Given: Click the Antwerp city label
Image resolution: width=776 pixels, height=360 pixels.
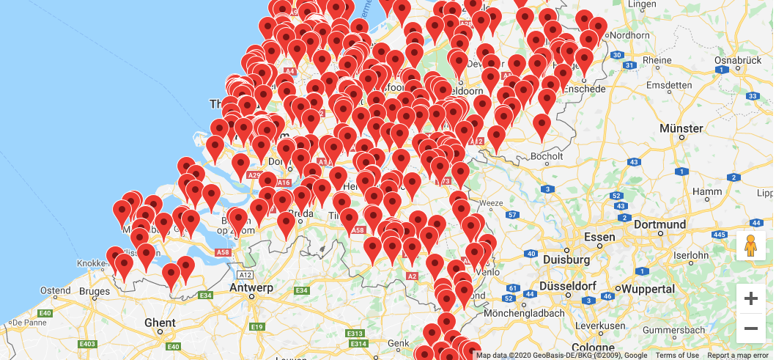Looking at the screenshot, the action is [251, 287].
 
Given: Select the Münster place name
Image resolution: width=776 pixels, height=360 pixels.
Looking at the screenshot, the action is [681, 128].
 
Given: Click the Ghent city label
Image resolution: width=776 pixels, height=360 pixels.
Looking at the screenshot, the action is [160, 323].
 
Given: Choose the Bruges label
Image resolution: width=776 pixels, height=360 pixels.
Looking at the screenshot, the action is [94, 291].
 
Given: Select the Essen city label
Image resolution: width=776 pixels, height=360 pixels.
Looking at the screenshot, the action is [599, 237].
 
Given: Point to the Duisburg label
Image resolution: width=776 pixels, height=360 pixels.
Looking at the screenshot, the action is [567, 260].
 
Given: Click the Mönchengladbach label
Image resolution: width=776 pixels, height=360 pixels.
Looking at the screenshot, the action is [525, 313].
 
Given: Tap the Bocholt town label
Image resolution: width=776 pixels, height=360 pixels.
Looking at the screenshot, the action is [547, 156].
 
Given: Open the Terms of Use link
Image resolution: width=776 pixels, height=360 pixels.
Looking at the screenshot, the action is [676, 356].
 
